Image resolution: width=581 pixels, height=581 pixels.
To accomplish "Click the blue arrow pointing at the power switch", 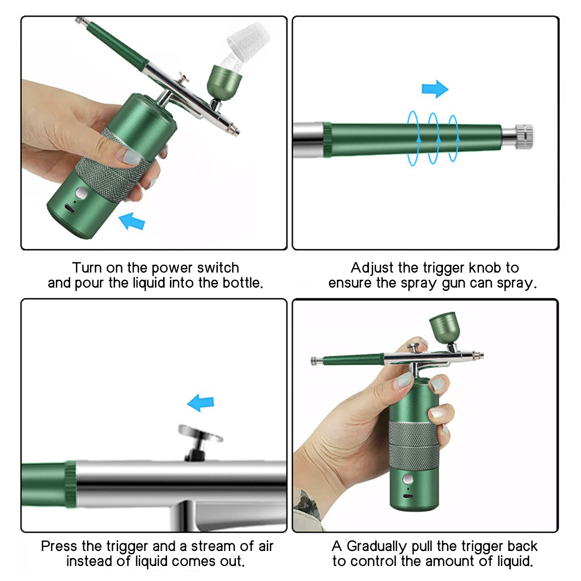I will coord(132,220).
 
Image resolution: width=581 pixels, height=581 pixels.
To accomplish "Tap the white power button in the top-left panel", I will coord(81,194).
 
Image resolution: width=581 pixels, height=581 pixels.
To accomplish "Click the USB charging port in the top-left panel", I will coord(70,209).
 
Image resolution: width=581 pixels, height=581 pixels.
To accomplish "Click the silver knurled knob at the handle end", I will coord(523,136).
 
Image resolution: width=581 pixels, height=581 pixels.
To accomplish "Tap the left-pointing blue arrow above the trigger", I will coord(201,402).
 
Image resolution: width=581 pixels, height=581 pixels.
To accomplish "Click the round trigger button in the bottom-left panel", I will coord(199,432).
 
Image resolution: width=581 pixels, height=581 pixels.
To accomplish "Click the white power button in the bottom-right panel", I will coord(408,480).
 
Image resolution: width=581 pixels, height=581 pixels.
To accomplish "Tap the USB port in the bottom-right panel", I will coord(408,497).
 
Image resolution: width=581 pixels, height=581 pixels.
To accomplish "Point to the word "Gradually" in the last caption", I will coord(377,547).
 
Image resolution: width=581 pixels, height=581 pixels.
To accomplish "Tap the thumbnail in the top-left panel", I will coord(132,156).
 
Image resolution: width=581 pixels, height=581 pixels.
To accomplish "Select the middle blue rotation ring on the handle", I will coord(433,138).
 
